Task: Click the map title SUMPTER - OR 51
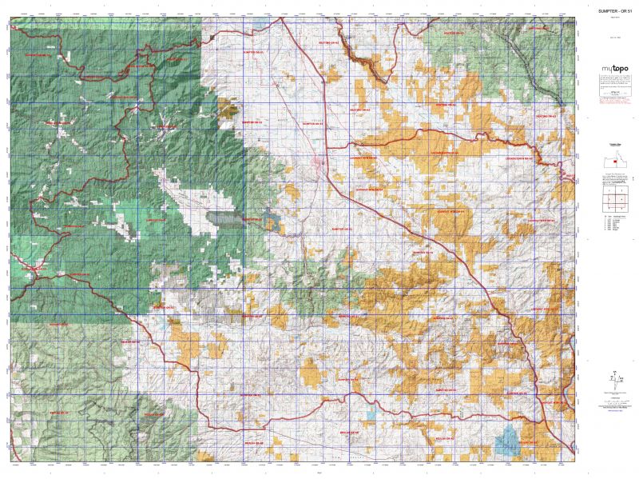click(609, 10)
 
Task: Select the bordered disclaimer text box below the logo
click(609, 83)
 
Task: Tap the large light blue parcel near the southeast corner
click(507, 441)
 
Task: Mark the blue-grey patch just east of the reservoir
click(272, 222)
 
